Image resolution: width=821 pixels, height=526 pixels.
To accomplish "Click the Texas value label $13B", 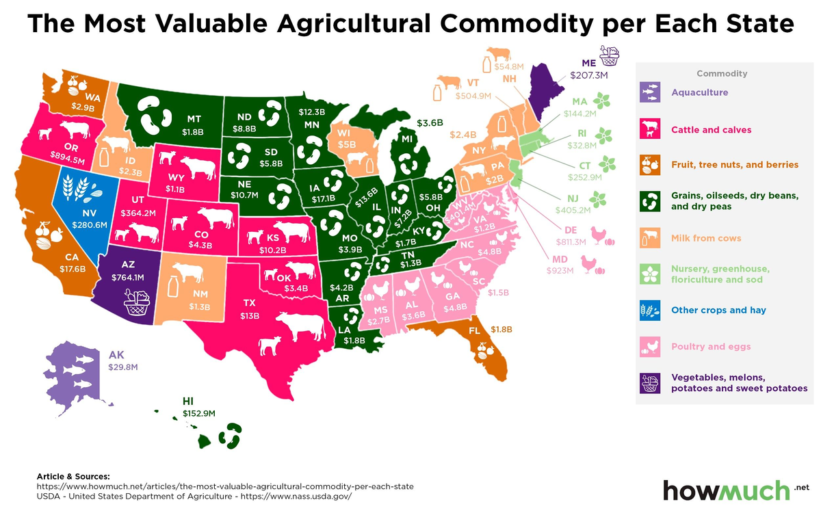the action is pyautogui.click(x=250, y=315).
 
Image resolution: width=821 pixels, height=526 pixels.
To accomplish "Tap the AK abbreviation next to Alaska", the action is pyautogui.click(x=116, y=355).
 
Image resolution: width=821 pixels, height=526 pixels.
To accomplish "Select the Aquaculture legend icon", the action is pyautogui.click(x=650, y=92).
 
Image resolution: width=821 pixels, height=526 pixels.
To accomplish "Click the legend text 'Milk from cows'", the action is pyautogui.click(x=706, y=238).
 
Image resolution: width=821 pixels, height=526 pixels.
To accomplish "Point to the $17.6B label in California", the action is pyautogui.click(x=73, y=269).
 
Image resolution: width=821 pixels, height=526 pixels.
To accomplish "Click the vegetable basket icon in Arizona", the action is pyautogui.click(x=136, y=302).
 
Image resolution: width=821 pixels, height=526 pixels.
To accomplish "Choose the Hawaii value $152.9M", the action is pyautogui.click(x=199, y=413).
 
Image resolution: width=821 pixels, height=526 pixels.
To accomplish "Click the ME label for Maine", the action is pyautogui.click(x=588, y=63).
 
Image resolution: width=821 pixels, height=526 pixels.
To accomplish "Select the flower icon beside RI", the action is pyautogui.click(x=603, y=135).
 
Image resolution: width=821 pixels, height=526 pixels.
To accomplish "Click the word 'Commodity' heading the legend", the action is pyautogui.click(x=722, y=74).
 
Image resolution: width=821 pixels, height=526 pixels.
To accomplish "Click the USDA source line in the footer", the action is pyautogui.click(x=194, y=497).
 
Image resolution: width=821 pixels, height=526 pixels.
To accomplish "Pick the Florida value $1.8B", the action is pyautogui.click(x=501, y=330).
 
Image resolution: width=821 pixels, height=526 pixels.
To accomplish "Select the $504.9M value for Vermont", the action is pyautogui.click(x=473, y=96).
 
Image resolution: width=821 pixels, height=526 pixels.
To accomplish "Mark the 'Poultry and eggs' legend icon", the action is pyautogui.click(x=650, y=347).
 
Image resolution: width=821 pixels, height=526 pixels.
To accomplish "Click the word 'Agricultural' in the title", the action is pyautogui.click(x=354, y=23).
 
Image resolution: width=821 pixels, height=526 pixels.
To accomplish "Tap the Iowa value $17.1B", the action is pyautogui.click(x=323, y=199).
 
